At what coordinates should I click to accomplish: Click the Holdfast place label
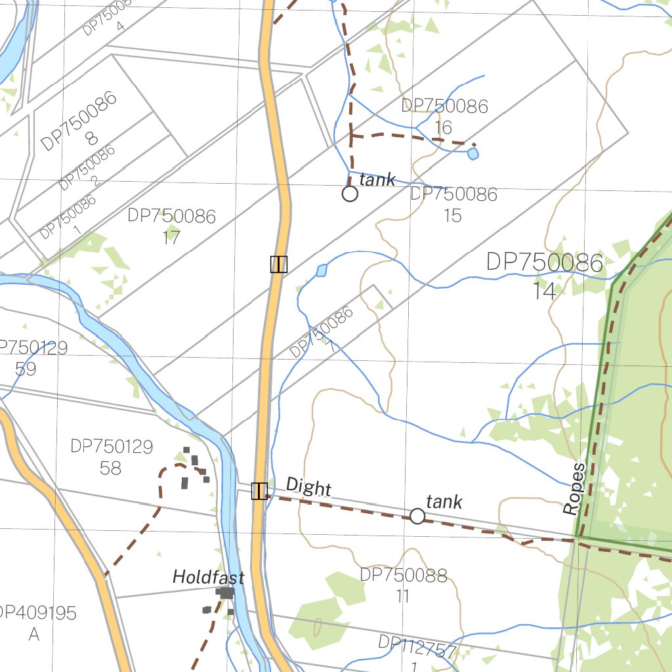click(208, 577)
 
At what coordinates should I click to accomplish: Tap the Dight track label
click(308, 488)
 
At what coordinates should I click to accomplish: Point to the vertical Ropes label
click(574, 489)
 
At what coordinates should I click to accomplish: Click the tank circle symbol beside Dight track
click(417, 516)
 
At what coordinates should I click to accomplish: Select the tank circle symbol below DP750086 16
click(350, 194)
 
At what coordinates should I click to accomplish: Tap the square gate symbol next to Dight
click(259, 491)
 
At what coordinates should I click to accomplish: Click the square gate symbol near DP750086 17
click(279, 264)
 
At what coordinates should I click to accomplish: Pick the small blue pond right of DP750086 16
click(472, 154)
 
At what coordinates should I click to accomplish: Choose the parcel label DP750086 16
click(444, 116)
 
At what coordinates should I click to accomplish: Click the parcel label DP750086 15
click(453, 204)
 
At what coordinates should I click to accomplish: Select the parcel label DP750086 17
click(171, 226)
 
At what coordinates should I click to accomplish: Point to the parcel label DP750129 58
click(111, 457)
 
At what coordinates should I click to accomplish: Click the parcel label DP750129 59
click(30, 358)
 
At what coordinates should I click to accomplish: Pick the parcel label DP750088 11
click(403, 585)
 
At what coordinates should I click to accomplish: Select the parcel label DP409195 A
click(36, 623)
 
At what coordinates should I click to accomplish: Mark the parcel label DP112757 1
click(417, 652)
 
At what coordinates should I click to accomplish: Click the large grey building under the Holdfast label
click(226, 593)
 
